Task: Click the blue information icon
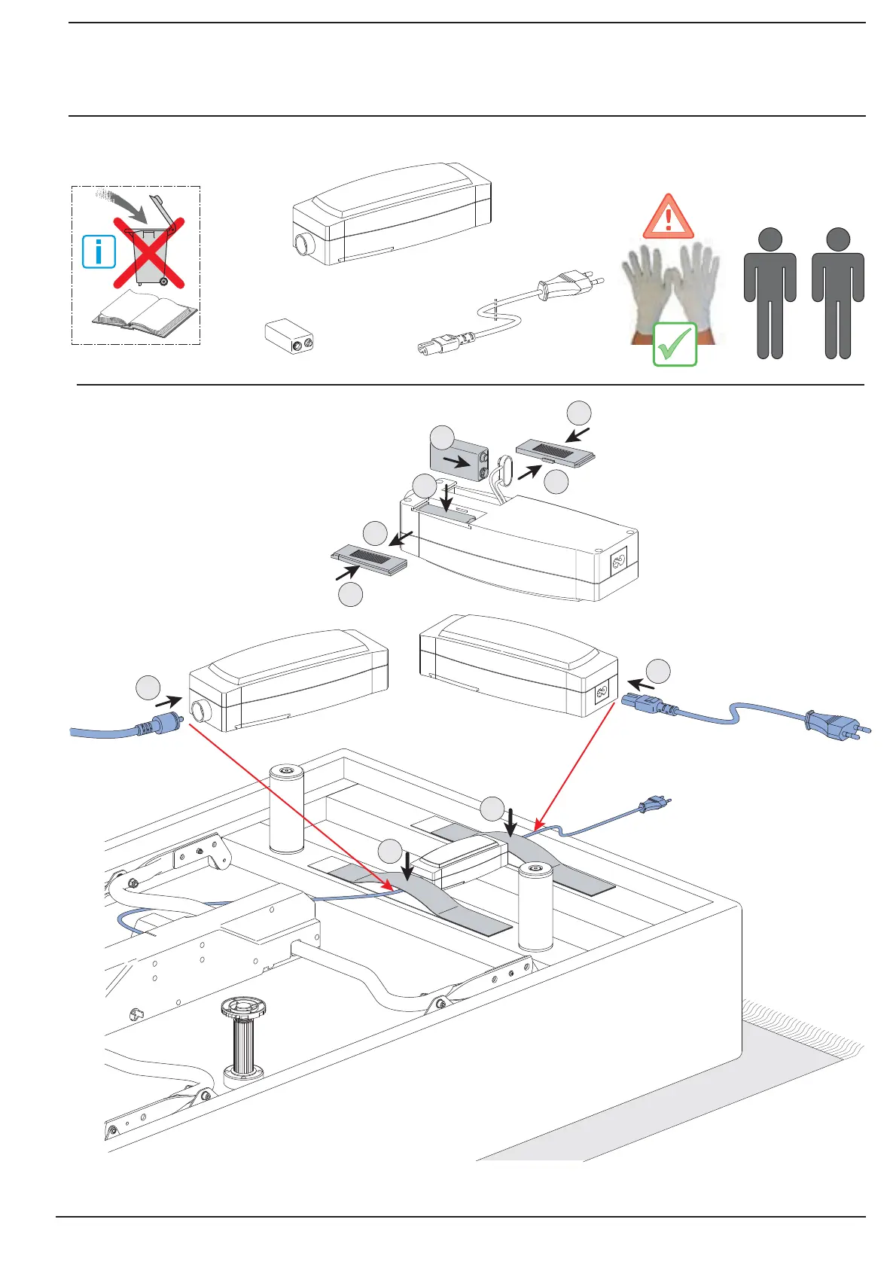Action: tap(99, 251)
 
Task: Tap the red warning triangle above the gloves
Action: tap(668, 217)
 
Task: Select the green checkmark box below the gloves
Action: tap(675, 344)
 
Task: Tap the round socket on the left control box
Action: tap(200, 710)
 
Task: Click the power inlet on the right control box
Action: tap(602, 693)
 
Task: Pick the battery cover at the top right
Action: tap(556, 455)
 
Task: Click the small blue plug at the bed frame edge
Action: tap(650, 806)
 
